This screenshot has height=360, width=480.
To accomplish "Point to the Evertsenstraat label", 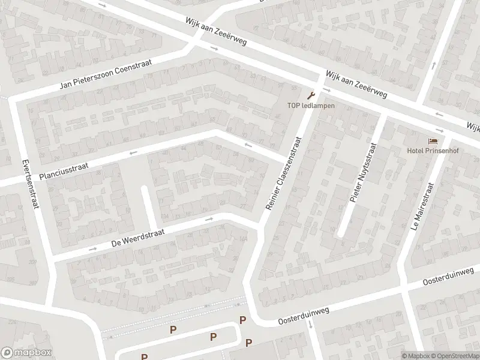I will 30,184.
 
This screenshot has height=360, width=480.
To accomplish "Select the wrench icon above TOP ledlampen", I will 310,95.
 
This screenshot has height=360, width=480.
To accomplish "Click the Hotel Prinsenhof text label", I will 433,150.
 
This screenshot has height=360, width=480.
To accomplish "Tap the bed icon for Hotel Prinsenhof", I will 433,140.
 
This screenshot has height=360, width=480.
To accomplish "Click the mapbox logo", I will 26,353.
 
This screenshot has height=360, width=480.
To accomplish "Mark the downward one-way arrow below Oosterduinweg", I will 310,325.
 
